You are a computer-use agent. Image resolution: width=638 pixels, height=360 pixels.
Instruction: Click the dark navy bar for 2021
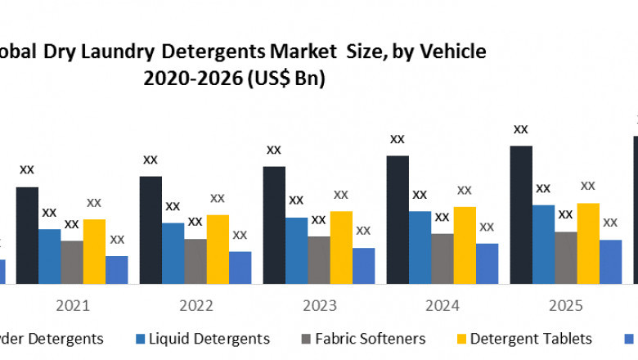click(x=27, y=235)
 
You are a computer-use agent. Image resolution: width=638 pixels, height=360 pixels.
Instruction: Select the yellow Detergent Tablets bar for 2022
click(x=218, y=249)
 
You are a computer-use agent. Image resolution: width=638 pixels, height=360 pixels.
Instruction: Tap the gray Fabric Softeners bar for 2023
click(x=319, y=260)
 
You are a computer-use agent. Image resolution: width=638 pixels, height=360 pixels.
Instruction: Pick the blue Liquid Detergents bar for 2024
click(x=420, y=247)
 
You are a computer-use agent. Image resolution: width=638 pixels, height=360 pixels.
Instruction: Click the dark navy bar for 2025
click(x=521, y=214)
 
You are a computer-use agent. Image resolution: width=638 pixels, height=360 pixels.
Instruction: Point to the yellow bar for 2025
click(x=588, y=243)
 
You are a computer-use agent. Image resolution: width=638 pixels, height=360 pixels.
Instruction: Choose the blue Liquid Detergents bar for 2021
click(x=50, y=256)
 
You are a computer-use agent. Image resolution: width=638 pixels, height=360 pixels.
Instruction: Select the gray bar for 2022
click(x=195, y=261)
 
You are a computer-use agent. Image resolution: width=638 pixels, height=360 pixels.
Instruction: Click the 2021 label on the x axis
click(x=73, y=306)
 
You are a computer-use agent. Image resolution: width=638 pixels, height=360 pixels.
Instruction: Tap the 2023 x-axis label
click(x=319, y=306)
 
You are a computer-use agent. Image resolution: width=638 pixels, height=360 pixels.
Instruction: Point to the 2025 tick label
click(x=565, y=306)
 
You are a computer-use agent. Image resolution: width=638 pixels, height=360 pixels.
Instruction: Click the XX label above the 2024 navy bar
click(x=398, y=139)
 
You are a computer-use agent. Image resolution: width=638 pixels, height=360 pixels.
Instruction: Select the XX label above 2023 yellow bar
click(x=341, y=195)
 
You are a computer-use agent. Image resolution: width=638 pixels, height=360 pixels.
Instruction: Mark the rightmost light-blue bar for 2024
click(x=487, y=263)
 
